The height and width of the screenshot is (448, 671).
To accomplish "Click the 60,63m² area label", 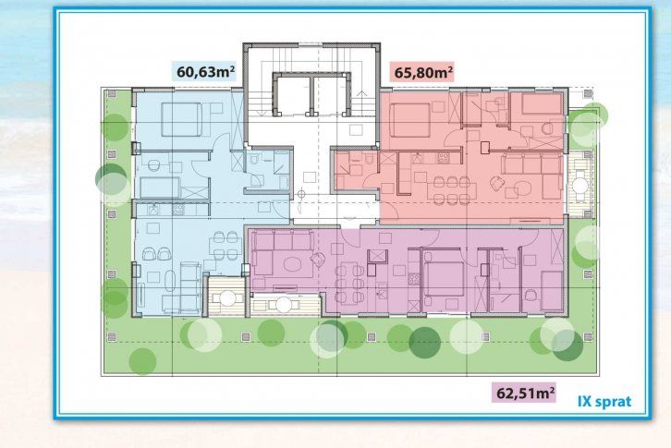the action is pyautogui.click(x=205, y=71).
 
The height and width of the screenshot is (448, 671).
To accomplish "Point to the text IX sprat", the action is pyautogui.click(x=604, y=402).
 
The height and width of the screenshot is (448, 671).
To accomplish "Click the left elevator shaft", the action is pyautogui.click(x=291, y=95).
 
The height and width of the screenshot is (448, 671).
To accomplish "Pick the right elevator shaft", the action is pyautogui.click(x=332, y=95).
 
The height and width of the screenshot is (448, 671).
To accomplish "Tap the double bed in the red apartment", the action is pyautogui.click(x=409, y=119).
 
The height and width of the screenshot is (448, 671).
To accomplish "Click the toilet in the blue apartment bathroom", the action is pyautogui.click(x=254, y=160).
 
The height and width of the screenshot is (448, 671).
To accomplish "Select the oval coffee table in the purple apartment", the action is pyautogui.click(x=292, y=264).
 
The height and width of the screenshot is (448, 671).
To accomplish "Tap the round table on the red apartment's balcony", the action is pyautogui.click(x=580, y=185).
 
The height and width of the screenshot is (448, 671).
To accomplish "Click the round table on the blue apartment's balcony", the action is pyautogui.click(x=228, y=297).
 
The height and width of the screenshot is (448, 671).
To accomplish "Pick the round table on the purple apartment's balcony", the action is pyautogui.click(x=284, y=305).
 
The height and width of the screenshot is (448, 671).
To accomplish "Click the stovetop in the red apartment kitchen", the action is pyautogui.click(x=443, y=158).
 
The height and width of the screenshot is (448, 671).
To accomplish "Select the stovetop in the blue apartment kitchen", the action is pyautogui.click(x=178, y=210).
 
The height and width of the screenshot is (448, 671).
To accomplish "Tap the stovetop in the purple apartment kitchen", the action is pyautogui.click(x=414, y=279).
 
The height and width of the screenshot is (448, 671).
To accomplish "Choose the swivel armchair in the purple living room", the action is pyautogui.click(x=318, y=259).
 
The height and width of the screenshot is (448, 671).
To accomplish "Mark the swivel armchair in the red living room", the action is pyautogui.click(x=497, y=183).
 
